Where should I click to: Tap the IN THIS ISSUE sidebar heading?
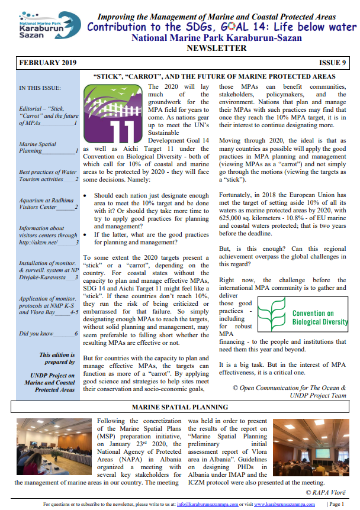[x=39, y=89]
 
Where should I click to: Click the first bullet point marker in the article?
[x=87, y=194]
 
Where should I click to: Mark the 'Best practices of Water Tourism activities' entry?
[x=48, y=176]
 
